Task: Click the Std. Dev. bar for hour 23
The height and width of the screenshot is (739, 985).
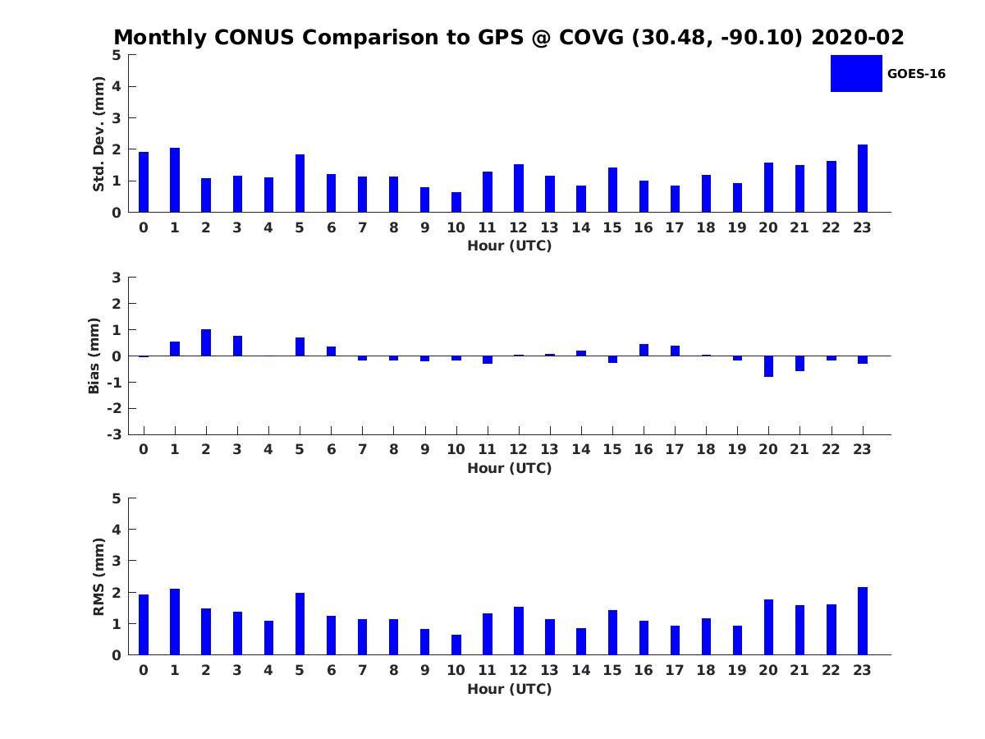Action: click(x=863, y=178)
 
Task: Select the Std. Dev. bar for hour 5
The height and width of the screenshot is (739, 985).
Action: click(x=300, y=183)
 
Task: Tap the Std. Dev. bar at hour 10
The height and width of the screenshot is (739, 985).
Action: click(x=456, y=202)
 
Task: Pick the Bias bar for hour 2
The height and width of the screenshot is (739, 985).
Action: click(x=206, y=342)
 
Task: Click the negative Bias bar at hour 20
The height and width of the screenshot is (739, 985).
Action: click(x=769, y=366)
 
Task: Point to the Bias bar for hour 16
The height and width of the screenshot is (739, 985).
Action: click(x=644, y=350)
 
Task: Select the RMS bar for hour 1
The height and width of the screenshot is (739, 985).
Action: click(x=175, y=622)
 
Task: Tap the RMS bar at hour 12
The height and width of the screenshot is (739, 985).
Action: click(x=519, y=631)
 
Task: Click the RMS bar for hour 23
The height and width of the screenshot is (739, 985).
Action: click(x=863, y=621)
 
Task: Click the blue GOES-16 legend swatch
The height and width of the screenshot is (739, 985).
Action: click(x=856, y=73)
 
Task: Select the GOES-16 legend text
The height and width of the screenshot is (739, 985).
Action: click(x=916, y=74)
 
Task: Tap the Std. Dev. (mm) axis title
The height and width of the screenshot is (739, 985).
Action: click(x=98, y=134)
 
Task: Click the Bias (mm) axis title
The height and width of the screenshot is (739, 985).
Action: click(x=94, y=356)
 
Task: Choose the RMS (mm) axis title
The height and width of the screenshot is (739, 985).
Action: click(x=98, y=576)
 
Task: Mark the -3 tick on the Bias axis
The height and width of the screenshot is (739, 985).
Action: click(x=115, y=434)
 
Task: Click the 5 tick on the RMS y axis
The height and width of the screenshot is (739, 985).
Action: click(x=117, y=498)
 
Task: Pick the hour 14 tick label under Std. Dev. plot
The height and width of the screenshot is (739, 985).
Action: click(x=581, y=228)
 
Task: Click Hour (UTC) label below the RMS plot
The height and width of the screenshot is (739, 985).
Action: click(x=509, y=689)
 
